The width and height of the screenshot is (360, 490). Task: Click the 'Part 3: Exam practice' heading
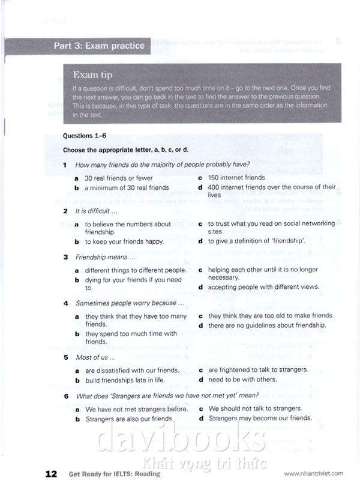99,46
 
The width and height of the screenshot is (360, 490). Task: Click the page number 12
52,474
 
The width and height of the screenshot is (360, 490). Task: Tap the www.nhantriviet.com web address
313,473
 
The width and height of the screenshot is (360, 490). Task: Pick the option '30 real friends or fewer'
118,178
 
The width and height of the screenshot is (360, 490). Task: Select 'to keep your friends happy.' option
124,241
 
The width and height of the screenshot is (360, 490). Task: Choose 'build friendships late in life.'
125,380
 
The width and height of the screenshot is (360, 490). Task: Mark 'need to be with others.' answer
242,380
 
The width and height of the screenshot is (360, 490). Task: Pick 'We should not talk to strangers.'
255,409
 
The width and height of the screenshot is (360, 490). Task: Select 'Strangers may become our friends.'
260,418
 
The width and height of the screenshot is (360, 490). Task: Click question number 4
66,303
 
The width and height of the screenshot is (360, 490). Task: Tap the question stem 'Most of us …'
92,357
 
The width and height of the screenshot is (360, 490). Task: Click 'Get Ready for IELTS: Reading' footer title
114,474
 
